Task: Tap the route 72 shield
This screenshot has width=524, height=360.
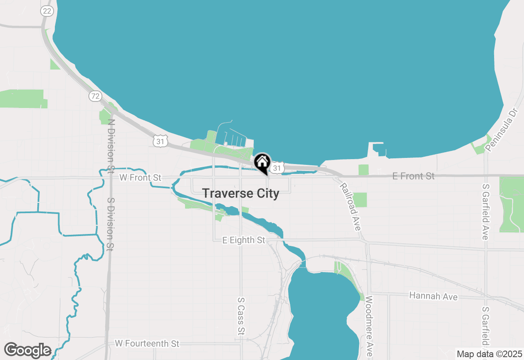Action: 95,96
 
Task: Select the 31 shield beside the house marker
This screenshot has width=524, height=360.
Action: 278,168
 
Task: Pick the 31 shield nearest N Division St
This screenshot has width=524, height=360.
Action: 160,142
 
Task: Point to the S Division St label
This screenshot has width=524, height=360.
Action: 110,224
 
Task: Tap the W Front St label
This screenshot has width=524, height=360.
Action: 140,178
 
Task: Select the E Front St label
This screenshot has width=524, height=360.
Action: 413,176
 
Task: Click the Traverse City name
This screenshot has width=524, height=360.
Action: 241,193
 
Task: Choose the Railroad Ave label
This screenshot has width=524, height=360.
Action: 350,207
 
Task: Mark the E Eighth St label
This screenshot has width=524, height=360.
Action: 244,240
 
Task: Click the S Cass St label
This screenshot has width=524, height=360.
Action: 241,316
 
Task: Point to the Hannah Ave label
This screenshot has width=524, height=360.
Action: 433,296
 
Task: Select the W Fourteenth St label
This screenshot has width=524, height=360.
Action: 147,343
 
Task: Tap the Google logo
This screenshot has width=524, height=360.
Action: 27,350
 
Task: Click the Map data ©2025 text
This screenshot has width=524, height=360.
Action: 489,354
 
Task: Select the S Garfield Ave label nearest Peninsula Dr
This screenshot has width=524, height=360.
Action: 486,211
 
